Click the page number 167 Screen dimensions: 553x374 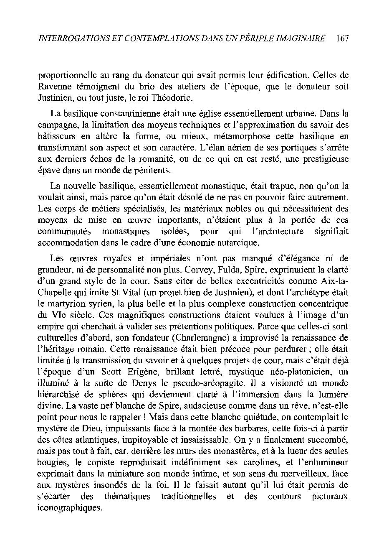342,38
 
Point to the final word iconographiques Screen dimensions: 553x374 69,508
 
